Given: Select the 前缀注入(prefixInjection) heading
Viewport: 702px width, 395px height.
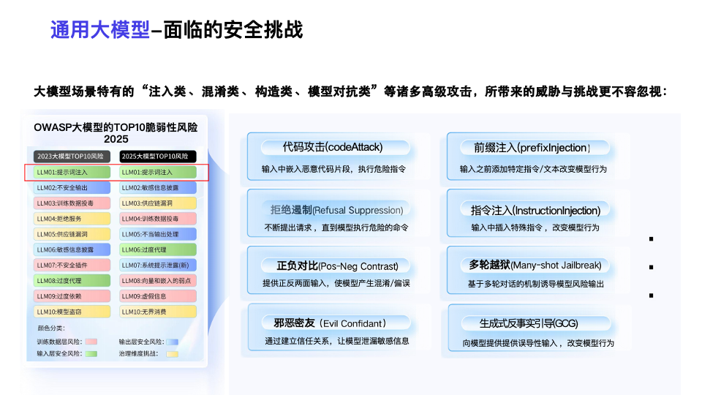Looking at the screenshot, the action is tap(526, 147).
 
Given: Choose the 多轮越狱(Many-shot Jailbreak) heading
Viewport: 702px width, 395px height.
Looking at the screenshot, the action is tap(525, 265).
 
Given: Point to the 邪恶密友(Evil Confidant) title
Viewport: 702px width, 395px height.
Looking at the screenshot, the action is tap(325, 323).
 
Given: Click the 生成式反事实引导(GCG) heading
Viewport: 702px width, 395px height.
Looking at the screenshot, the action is tap(518, 323).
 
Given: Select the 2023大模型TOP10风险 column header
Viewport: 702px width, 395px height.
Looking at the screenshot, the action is tap(72, 157).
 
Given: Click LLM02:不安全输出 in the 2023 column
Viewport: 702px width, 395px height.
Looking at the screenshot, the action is tap(72, 188).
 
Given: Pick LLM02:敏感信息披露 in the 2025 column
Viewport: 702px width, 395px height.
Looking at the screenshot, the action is tap(158, 188).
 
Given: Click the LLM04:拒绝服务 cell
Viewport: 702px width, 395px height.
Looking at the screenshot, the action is tap(72, 219).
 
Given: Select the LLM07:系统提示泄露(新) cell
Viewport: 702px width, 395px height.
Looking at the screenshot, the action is tap(158, 265).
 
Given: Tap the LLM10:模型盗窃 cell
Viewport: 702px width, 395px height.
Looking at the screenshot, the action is tap(72, 312).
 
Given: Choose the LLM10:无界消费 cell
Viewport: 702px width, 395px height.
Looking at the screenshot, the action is tap(158, 312).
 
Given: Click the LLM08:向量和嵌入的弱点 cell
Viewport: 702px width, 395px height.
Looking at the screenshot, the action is tap(158, 281).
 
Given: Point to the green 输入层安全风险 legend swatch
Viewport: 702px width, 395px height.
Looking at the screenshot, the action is tap(91, 353).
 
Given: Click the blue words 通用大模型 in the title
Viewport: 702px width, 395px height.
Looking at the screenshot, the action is tap(99, 30).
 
